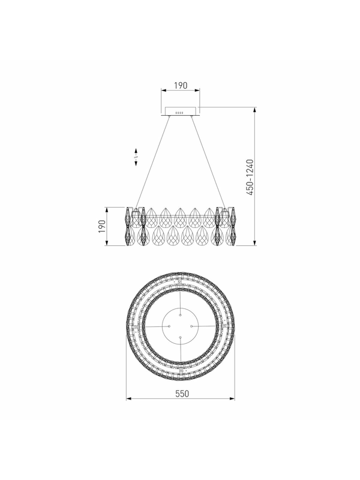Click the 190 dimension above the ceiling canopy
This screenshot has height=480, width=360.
181,85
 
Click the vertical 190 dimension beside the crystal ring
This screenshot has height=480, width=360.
101,226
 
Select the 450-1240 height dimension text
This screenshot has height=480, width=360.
250,177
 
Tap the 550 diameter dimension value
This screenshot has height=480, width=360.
182,394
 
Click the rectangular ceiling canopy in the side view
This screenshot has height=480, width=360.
181,111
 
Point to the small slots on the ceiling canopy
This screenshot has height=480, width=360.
179,113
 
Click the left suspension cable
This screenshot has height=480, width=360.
152,162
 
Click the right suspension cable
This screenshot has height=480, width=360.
209,162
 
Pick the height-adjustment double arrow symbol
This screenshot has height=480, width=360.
136,157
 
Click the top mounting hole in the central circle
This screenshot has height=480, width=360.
181,314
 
